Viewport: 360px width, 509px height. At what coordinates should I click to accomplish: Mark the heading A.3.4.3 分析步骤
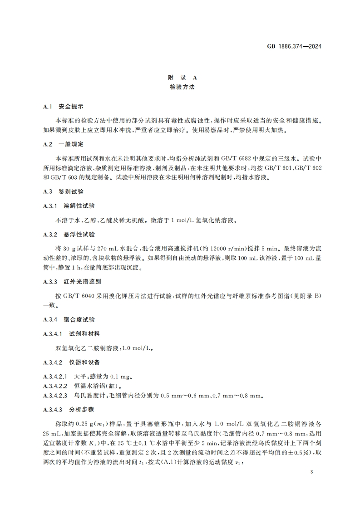tap(71, 410)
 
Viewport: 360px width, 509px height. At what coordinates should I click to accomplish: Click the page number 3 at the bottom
tap(311, 472)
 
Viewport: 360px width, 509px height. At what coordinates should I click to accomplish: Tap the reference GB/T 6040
tap(70, 296)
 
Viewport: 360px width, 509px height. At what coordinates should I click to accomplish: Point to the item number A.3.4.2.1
tap(55, 377)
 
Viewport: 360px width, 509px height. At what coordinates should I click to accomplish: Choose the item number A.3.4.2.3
tap(55, 396)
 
